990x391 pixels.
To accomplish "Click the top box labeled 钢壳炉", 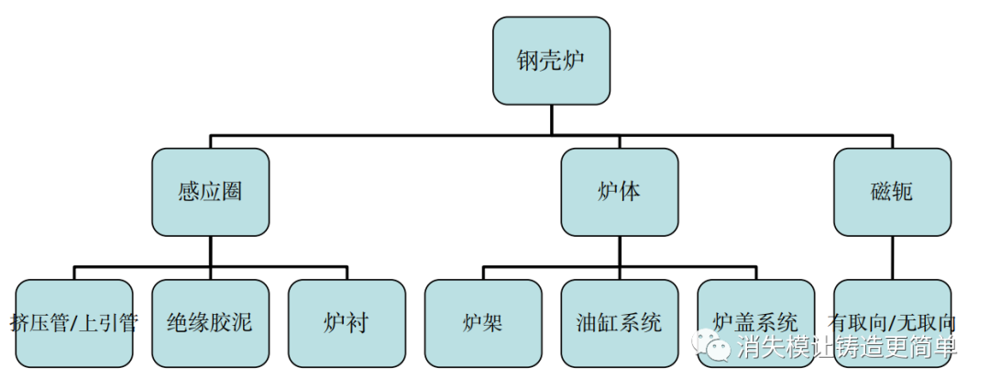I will [551, 61].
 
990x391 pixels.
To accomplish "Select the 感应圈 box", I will [211, 192].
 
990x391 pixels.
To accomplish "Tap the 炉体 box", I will [620, 192].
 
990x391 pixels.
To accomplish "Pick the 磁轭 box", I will [892, 192].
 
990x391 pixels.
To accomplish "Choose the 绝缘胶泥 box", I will [210, 323].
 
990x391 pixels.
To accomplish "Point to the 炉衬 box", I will [346, 323].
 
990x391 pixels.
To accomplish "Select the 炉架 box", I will [482, 323].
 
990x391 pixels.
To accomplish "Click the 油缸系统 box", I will [620, 323].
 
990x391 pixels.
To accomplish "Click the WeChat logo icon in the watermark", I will [710, 345].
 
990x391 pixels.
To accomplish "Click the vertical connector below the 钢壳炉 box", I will [551, 120].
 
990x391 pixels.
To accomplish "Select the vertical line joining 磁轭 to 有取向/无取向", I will [892, 257].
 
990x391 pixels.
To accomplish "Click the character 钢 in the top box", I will [527, 61].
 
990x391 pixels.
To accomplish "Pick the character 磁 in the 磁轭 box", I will [880, 192].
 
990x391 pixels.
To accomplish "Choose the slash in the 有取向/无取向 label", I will [892, 323].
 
